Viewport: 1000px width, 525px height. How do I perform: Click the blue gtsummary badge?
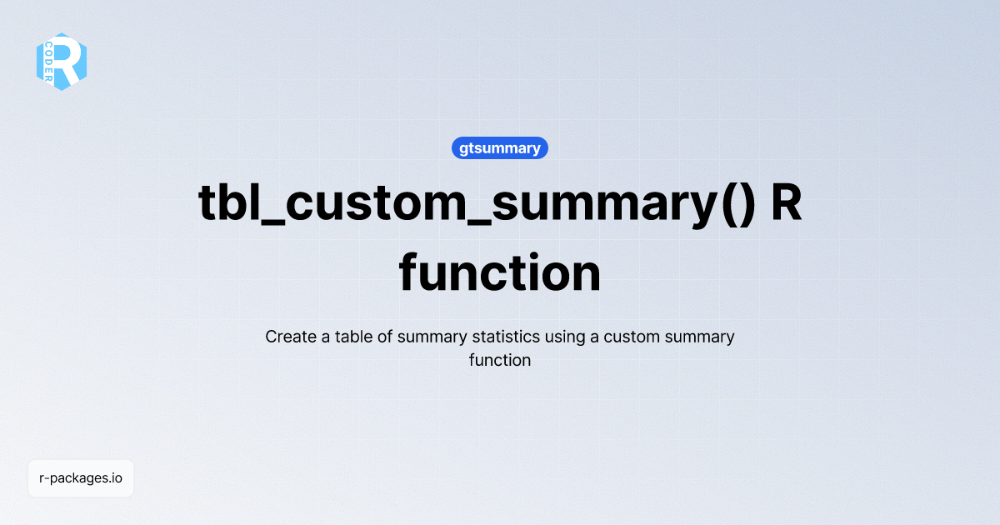tap(500, 148)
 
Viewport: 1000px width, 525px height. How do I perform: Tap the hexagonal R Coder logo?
tap(62, 62)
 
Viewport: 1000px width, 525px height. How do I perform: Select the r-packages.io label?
tap(81, 478)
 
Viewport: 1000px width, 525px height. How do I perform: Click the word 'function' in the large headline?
tap(500, 272)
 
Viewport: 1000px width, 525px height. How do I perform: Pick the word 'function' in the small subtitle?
tap(500, 361)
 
